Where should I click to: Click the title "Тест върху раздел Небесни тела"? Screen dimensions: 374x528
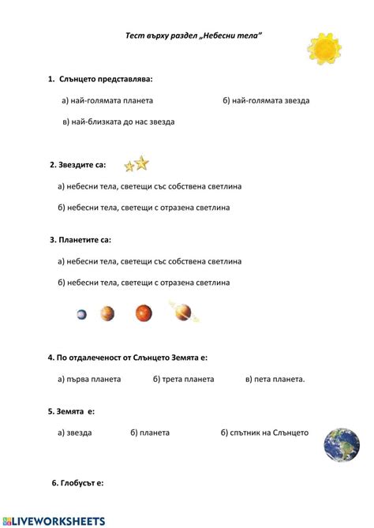pos(193,36)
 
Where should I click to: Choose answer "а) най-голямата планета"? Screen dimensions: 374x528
pos(107,100)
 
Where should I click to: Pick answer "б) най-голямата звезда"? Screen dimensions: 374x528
pos(266,100)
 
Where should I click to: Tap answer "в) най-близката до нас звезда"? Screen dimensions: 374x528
pos(118,122)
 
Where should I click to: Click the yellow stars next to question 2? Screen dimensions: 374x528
pos(137,164)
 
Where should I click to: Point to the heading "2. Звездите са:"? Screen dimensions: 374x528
pos(77,165)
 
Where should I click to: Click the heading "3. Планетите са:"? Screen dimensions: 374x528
pos(80,239)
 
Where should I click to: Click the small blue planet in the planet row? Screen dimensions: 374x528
pos(82,314)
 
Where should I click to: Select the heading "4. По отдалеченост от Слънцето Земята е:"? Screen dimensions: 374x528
pos(133,357)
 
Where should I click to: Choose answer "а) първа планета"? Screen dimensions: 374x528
pos(89,379)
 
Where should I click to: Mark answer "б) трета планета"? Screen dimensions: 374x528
pos(183,379)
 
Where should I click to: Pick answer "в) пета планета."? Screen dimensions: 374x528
pos(275,379)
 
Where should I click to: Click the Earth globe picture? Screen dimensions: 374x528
pos(342,444)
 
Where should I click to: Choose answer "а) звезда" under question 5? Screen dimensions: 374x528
pos(75,433)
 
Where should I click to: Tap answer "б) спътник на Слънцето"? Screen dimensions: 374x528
pos(264,433)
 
